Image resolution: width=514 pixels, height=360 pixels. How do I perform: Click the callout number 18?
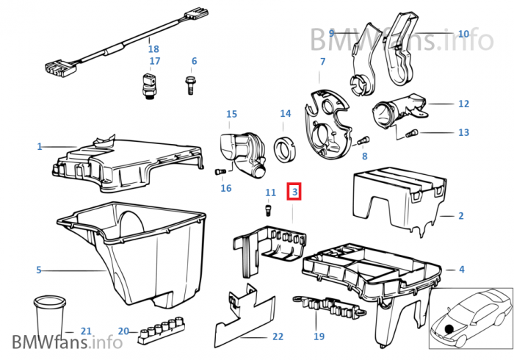pyautogui.click(x=153, y=49)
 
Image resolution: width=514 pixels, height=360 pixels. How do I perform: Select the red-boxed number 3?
pyautogui.click(x=294, y=192)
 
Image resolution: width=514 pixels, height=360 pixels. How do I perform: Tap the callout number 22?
pyautogui.click(x=278, y=336)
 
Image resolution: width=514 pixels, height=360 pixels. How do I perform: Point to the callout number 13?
pyautogui.click(x=463, y=132)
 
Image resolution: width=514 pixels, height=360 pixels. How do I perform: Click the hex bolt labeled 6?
pyautogui.click(x=189, y=85)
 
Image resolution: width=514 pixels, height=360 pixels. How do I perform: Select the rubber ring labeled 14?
pyautogui.click(x=285, y=149)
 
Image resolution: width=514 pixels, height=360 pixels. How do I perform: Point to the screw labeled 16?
pyautogui.click(x=220, y=171)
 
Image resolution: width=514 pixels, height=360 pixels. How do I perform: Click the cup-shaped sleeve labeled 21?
pyautogui.click(x=50, y=316)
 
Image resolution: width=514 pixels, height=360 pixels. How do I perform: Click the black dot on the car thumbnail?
pyautogui.click(x=449, y=328)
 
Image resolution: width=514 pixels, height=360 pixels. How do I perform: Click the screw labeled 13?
pyautogui.click(x=411, y=134)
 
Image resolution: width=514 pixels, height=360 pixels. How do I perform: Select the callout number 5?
pyautogui.click(x=39, y=270)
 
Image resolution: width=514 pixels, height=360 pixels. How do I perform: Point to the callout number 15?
pyautogui.click(x=231, y=114)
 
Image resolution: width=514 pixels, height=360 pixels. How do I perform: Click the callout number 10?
pyautogui.click(x=463, y=34)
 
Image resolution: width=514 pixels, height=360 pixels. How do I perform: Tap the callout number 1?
pyautogui.click(x=40, y=146)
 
